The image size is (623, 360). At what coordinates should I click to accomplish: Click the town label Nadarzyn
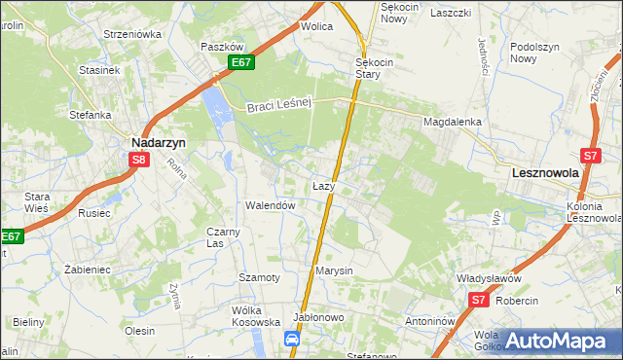[x=159, y=141]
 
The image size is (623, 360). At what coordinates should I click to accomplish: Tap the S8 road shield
[x=139, y=160]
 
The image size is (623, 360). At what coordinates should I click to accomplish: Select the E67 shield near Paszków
[x=242, y=62]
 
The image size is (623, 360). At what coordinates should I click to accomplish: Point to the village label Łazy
[x=324, y=185]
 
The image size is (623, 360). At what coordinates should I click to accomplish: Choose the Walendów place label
[x=270, y=206]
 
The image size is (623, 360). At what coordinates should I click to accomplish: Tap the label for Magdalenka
[x=453, y=122]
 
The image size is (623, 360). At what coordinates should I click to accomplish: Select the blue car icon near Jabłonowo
[x=291, y=338]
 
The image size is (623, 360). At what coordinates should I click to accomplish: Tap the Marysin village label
[x=334, y=270]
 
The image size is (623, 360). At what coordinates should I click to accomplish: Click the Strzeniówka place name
[x=132, y=34]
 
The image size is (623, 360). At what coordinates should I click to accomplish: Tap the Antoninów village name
[x=431, y=321]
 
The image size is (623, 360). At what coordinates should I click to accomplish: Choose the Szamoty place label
[x=259, y=277]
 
